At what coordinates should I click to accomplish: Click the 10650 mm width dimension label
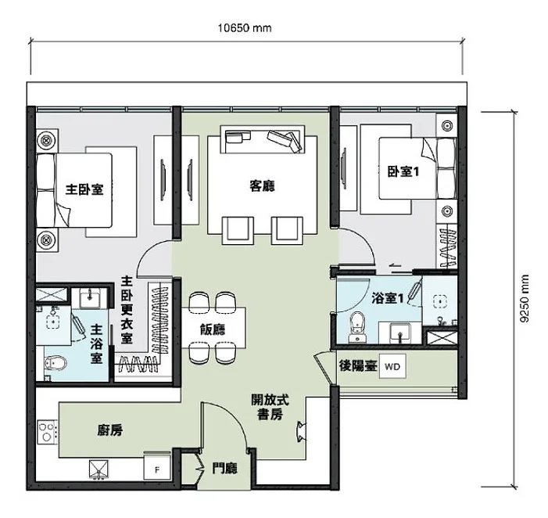tap(245, 27)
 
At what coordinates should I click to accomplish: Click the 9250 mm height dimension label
tap(525, 298)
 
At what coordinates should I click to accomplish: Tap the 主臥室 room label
tap(84, 189)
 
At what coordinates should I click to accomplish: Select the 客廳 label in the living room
tap(262, 185)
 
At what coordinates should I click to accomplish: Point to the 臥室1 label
tap(403, 171)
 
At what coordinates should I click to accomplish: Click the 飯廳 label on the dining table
tap(213, 329)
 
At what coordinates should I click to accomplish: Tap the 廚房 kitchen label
tap(110, 430)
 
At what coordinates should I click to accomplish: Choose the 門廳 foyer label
tap(225, 469)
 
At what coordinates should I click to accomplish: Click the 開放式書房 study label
tap(270, 407)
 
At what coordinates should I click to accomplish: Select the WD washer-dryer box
tap(392, 366)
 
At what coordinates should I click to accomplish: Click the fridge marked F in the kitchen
tap(157, 466)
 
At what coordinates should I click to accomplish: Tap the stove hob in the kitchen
tap(47, 432)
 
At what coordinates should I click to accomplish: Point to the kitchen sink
tap(98, 469)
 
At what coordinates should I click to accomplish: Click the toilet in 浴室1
tap(357, 327)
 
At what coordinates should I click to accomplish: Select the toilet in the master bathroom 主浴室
tap(56, 363)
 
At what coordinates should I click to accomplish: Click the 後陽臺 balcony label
tap(358, 366)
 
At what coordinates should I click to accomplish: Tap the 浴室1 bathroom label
tap(387, 298)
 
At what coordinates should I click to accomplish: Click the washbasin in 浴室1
tap(400, 333)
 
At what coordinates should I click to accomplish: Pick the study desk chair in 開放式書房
tap(301, 432)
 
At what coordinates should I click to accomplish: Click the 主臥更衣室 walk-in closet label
tap(127, 310)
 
